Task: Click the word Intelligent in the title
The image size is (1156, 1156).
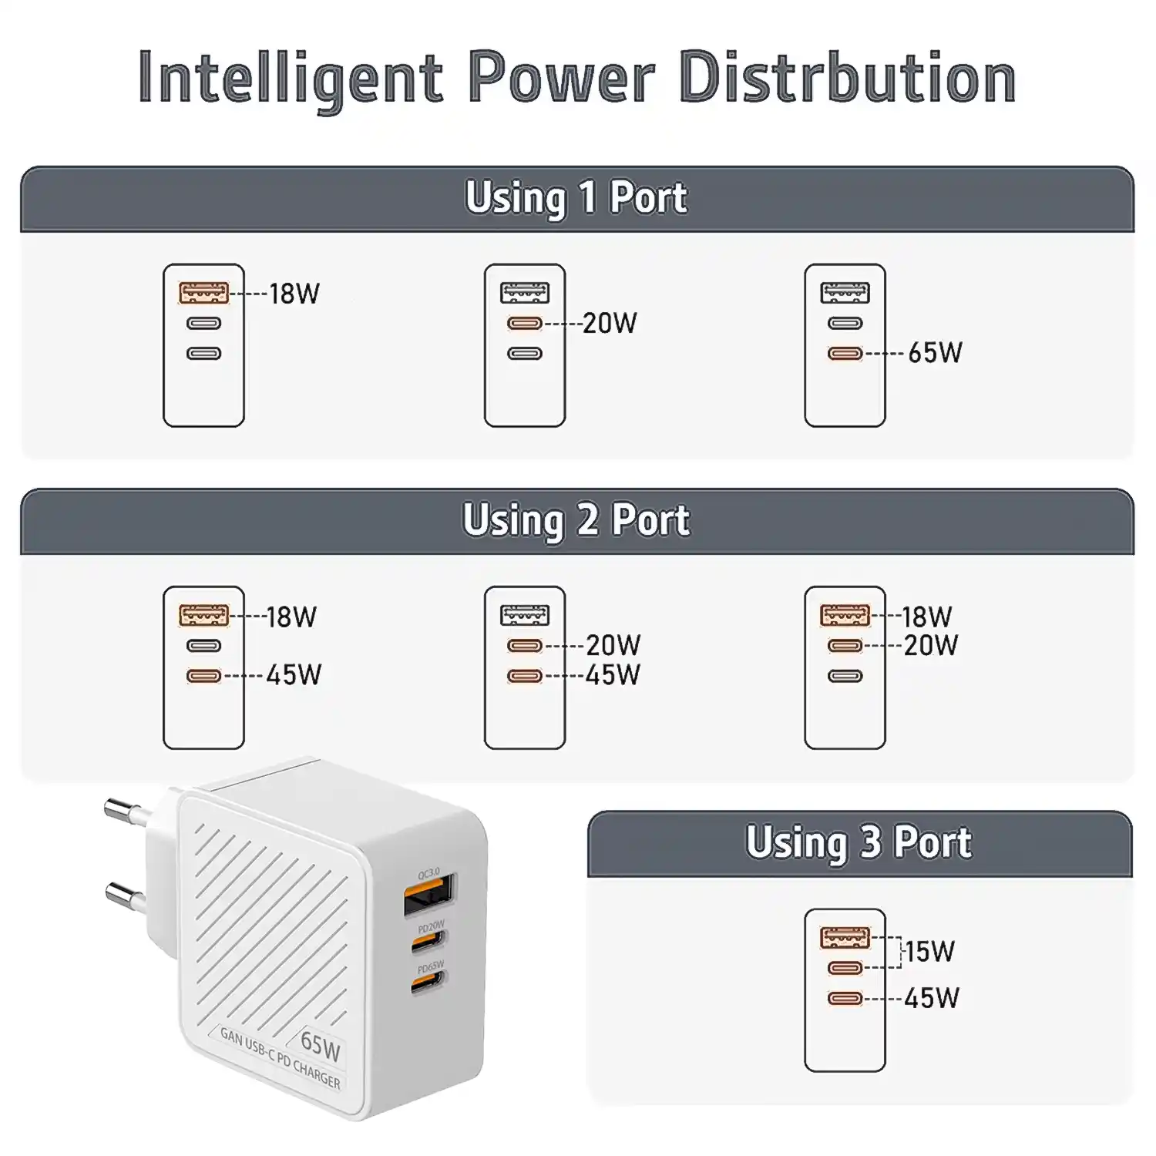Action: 291,79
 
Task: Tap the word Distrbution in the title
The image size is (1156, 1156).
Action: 848,77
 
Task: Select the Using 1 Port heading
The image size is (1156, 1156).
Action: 576,198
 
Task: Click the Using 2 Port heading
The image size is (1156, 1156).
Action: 576,520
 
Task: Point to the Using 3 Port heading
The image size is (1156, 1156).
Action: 859,842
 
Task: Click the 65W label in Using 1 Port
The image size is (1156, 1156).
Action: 935,353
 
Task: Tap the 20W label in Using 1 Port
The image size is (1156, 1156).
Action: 610,323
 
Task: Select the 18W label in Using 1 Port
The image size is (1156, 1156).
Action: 294,294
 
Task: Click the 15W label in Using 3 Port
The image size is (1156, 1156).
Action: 930,952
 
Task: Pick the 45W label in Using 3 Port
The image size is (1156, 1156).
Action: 932,999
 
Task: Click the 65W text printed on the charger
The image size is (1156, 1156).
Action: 321,1045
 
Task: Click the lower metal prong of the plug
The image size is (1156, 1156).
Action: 125,894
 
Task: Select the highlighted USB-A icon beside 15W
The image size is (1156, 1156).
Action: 845,937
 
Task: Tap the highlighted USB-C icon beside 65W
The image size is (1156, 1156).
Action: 845,354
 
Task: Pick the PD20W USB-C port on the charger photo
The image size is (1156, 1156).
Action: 428,940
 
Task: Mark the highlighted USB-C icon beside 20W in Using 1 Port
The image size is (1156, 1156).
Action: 525,324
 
